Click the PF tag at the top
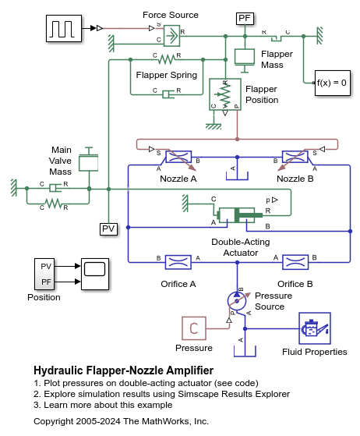[245, 16]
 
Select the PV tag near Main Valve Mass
[108, 229]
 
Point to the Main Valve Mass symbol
[90, 161]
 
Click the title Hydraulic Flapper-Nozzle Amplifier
[123, 370]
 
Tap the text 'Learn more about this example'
[106, 405]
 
